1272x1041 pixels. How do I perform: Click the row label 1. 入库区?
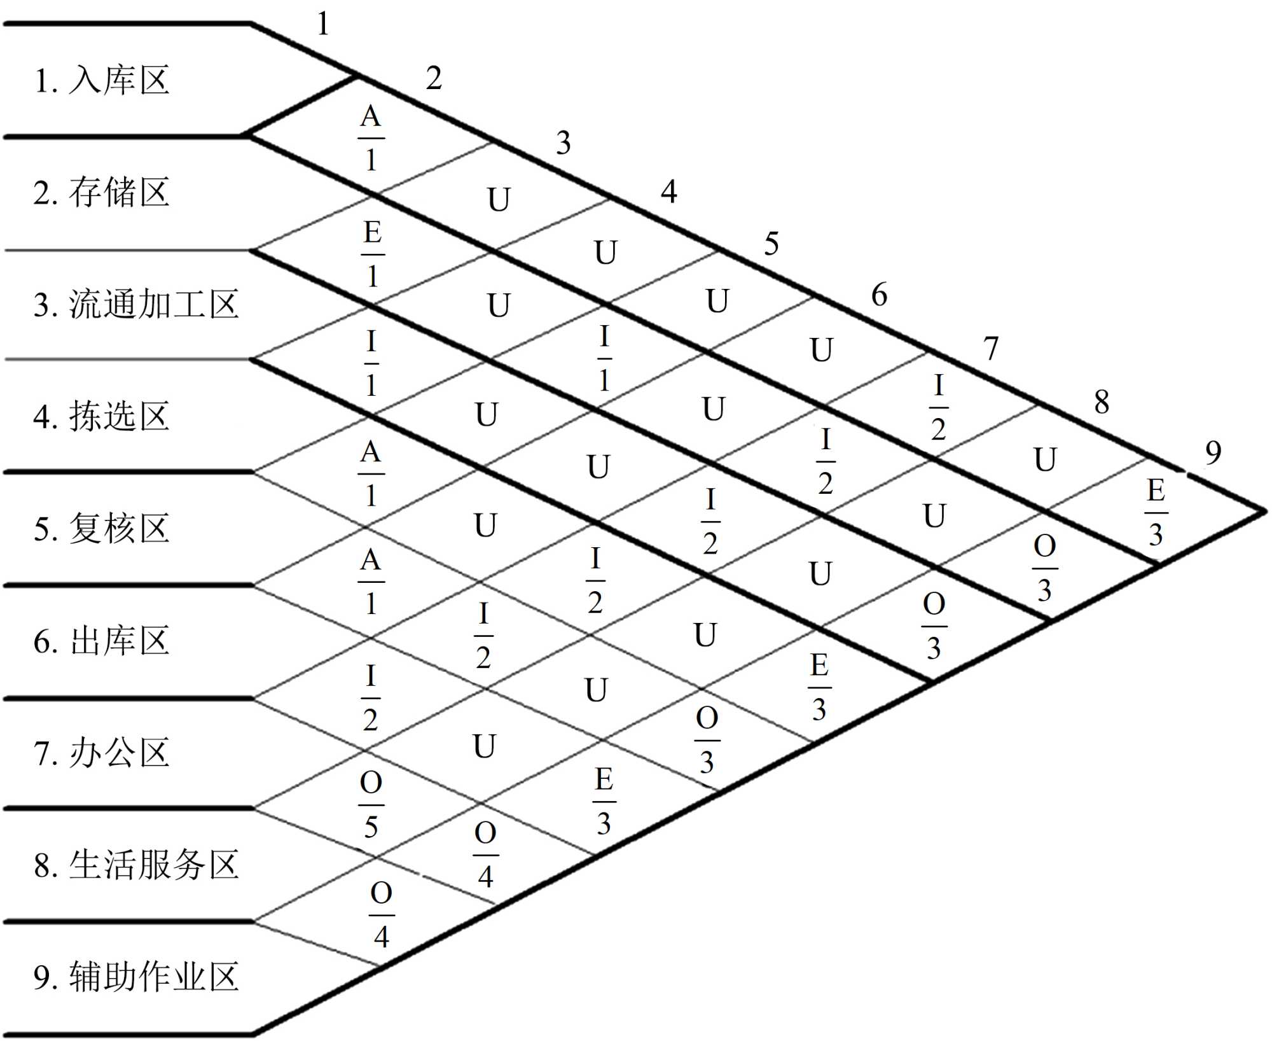[x=102, y=81]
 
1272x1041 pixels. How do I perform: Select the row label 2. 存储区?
[x=102, y=192]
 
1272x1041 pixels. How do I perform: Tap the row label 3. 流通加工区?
[x=135, y=304]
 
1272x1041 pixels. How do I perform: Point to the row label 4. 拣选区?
[x=102, y=417]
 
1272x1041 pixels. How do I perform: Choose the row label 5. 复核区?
[x=102, y=529]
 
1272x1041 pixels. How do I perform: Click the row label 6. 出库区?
[x=102, y=641]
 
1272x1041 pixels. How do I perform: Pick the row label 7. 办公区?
[x=102, y=753]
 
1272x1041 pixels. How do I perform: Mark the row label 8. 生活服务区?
[x=135, y=865]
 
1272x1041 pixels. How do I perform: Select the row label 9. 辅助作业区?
[x=135, y=977]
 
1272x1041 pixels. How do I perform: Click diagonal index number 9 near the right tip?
[x=1213, y=453]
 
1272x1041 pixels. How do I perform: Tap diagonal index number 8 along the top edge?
[x=1102, y=402]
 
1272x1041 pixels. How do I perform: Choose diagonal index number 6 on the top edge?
[x=879, y=295]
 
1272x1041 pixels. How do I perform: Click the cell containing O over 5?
[x=371, y=805]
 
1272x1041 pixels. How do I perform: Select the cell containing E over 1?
[x=373, y=254]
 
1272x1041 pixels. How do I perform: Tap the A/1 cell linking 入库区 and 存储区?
[x=371, y=138]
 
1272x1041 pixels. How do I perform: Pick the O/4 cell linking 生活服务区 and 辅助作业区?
[x=381, y=915]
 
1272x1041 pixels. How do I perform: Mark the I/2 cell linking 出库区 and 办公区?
[x=371, y=698]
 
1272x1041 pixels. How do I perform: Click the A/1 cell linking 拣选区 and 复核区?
[x=371, y=474]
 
